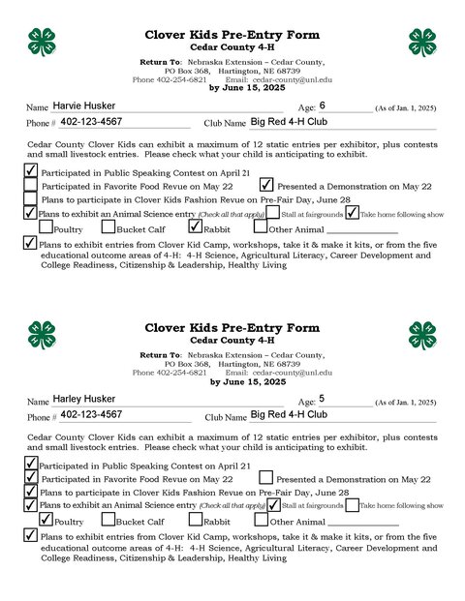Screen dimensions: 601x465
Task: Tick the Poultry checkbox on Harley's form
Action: pyautogui.click(x=46, y=522)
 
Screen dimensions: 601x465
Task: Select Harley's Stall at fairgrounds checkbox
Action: pyautogui.click(x=274, y=505)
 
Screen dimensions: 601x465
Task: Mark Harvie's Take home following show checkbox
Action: pyautogui.click(x=353, y=213)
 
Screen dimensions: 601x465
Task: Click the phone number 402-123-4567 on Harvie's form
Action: pyautogui.click(x=105, y=122)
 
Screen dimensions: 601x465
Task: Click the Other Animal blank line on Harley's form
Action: pyautogui.click(x=362, y=523)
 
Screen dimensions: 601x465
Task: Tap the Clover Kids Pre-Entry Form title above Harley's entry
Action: pyautogui.click(x=232, y=329)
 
